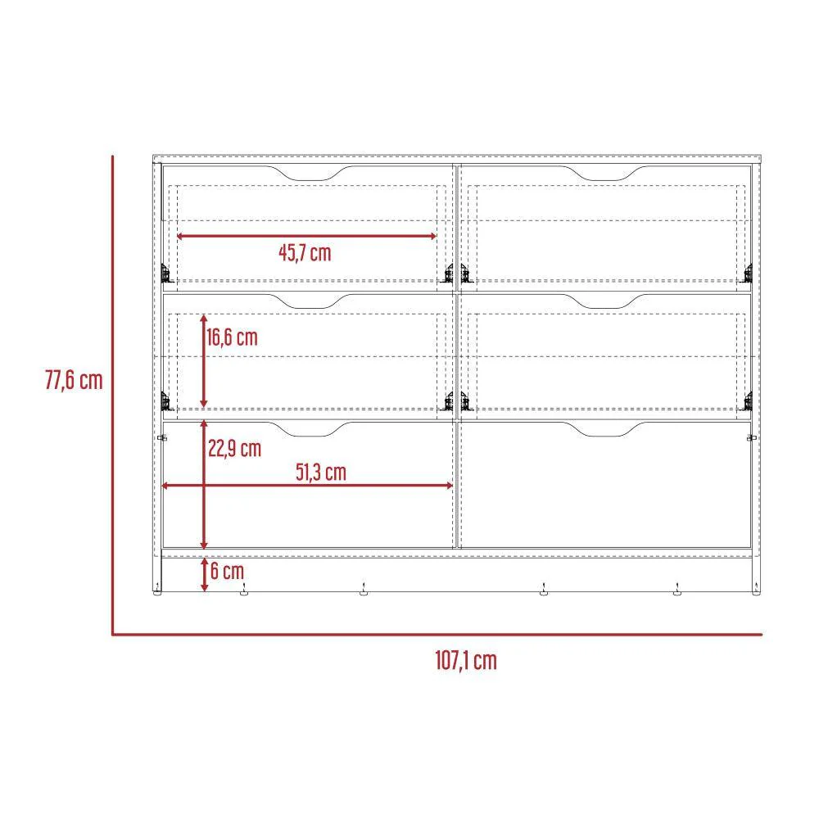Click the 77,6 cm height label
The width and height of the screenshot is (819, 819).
pyautogui.click(x=74, y=380)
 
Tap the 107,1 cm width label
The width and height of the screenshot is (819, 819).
pyautogui.click(x=466, y=661)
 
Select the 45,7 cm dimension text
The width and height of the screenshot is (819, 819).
pyautogui.click(x=305, y=253)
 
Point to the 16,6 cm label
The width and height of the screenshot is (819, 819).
pyautogui.click(x=233, y=337)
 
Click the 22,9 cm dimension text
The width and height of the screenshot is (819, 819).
pyautogui.click(x=234, y=449)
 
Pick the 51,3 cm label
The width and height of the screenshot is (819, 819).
pyautogui.click(x=321, y=473)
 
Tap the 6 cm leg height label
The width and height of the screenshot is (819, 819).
pyautogui.click(x=227, y=571)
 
